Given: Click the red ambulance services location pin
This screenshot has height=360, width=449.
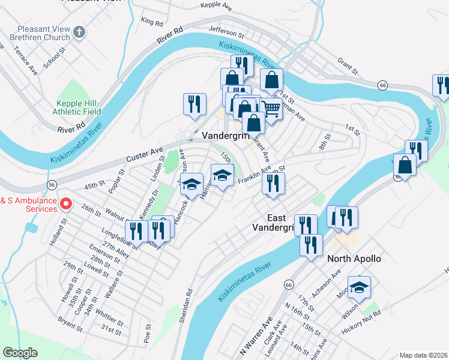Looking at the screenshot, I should tap(67, 205).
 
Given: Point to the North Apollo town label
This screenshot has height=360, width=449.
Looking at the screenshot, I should tap(354, 259).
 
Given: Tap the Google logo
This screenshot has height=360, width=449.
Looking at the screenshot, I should tap(20, 353).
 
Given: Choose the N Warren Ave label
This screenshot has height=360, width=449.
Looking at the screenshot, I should tap(257, 334).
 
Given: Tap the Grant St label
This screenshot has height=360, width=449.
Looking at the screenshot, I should tap(347, 62).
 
